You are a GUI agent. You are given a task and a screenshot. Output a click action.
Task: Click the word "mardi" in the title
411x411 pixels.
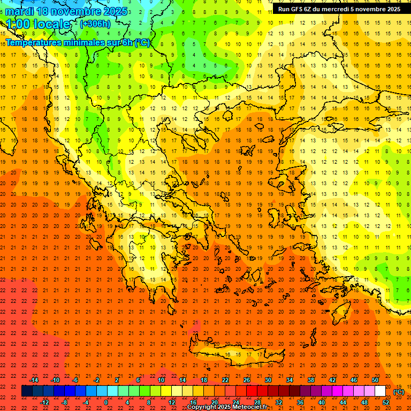click(x=19, y=11)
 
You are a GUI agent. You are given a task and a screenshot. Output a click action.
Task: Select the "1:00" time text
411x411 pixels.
click(x=18, y=25)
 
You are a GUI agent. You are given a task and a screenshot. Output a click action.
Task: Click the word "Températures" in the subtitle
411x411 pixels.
click(x=34, y=42)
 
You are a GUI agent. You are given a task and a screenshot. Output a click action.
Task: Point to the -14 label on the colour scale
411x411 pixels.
click(x=34, y=380)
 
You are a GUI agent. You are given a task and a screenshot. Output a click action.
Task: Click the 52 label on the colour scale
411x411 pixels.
click(x=386, y=402)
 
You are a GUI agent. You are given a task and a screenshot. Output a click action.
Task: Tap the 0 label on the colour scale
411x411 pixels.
click(x=106, y=402)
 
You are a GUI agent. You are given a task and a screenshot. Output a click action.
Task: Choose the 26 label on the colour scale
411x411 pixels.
click(x=247, y=380)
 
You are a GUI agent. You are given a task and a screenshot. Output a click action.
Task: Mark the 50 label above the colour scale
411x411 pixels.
click(x=375, y=380)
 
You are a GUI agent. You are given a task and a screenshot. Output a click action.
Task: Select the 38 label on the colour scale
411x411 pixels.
click(x=311, y=380)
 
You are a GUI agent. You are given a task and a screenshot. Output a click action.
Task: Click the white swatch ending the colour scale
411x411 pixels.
click(x=380, y=391)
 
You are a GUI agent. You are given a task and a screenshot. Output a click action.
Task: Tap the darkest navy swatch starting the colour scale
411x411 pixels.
click(x=27, y=391)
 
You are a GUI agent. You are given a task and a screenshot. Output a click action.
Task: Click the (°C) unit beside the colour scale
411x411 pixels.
click(x=399, y=391)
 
